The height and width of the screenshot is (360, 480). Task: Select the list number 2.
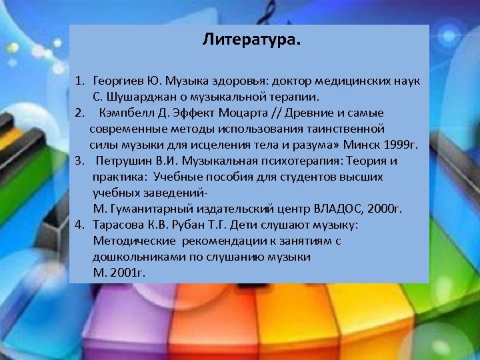(x=79, y=113)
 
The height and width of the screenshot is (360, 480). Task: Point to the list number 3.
(x=79, y=161)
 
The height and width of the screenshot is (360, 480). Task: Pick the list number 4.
(x=79, y=225)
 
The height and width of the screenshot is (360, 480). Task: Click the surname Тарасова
(x=117, y=225)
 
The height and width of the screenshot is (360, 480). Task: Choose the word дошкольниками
(x=133, y=257)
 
